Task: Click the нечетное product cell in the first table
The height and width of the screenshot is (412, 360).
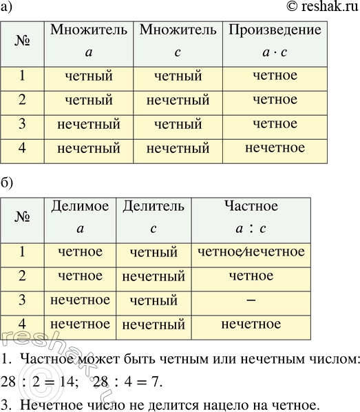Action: (x=275, y=147)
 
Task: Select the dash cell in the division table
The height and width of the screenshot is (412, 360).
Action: (x=251, y=300)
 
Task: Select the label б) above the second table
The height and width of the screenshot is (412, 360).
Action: (x=8, y=185)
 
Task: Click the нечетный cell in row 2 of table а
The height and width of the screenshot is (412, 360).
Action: (x=178, y=101)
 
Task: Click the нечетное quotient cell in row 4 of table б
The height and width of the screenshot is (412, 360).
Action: (x=251, y=324)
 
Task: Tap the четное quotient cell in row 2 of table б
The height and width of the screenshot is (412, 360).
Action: (x=251, y=277)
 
